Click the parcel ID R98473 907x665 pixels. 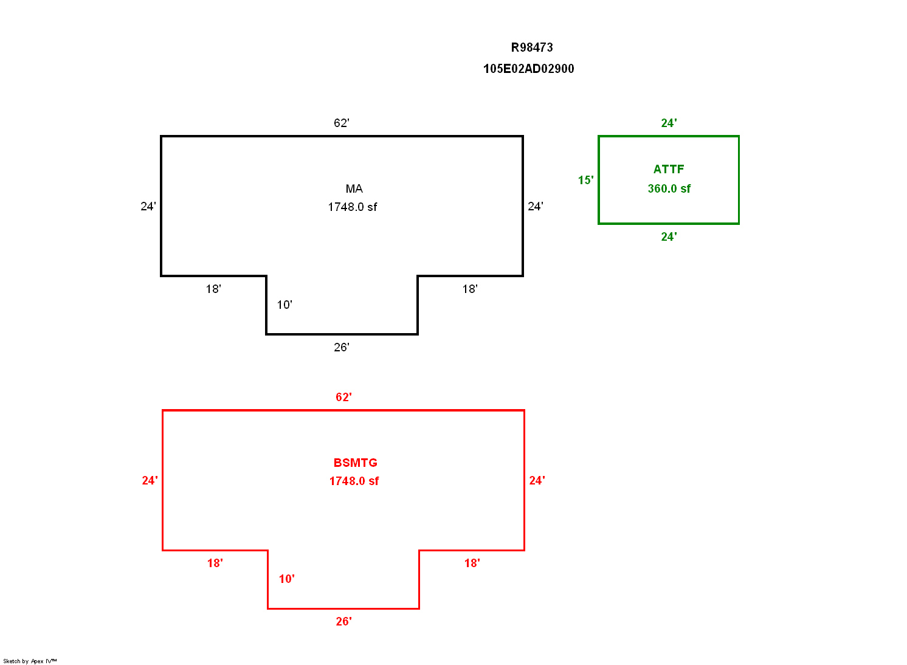click(x=532, y=47)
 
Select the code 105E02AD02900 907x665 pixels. click(x=528, y=69)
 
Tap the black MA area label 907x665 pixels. click(x=354, y=189)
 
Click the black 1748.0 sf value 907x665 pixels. click(x=353, y=207)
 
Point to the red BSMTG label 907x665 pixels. click(x=355, y=463)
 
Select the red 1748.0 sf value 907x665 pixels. click(x=354, y=481)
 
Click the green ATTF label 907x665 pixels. click(x=669, y=170)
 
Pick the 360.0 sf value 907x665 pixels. click(x=669, y=189)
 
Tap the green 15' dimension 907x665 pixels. click(x=585, y=181)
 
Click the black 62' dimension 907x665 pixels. click(x=342, y=123)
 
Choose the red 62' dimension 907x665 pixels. click(x=343, y=398)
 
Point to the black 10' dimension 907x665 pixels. click(x=285, y=305)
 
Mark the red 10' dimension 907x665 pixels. click(x=286, y=579)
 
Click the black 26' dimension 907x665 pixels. click(x=342, y=348)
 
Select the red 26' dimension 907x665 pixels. click(x=343, y=622)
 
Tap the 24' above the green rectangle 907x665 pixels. click(x=669, y=123)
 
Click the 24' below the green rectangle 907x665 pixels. click(x=669, y=237)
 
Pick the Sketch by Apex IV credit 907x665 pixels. click(x=30, y=661)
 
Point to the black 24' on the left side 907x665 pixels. click(x=148, y=207)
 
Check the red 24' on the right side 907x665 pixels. click(x=537, y=481)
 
